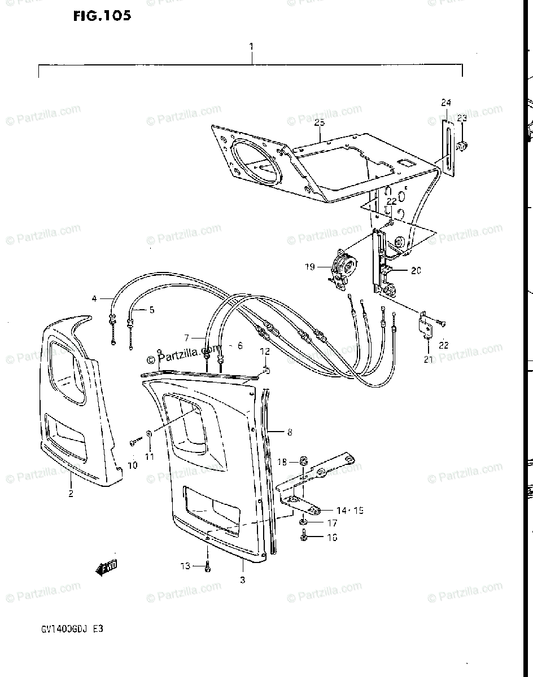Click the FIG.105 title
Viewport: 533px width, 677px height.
102,16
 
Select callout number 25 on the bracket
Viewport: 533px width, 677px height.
319,122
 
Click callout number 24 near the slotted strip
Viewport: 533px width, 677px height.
446,103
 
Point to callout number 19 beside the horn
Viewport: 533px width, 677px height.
310,266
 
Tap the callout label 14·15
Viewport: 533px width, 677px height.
349,511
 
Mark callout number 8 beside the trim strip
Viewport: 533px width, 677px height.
289,433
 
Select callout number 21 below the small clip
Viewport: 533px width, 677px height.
427,359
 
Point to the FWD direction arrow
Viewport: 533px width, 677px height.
106,568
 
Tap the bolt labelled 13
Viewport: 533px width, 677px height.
208,566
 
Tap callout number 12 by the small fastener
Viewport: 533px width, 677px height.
265,352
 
